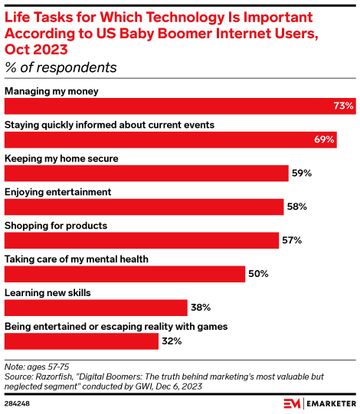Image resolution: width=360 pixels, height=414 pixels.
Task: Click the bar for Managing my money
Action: (x=180, y=106)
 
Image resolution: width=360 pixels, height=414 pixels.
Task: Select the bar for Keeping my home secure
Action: (x=146, y=173)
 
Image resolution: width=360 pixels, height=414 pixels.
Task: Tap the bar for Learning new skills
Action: (x=96, y=308)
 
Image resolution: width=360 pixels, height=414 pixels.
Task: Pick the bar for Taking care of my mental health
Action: (x=125, y=274)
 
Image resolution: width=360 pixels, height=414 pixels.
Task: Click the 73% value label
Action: (x=343, y=106)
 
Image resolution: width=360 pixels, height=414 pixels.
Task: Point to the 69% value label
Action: (x=324, y=139)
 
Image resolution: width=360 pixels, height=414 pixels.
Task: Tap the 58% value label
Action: (x=297, y=207)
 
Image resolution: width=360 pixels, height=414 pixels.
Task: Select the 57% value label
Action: (x=292, y=240)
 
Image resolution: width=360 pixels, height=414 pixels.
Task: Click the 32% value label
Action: (x=172, y=341)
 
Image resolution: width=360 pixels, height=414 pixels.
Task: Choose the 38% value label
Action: (x=201, y=308)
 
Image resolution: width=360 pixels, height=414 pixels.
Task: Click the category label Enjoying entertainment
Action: (x=58, y=192)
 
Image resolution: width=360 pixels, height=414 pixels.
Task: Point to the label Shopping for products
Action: (x=56, y=226)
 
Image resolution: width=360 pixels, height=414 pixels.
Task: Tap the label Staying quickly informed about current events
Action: (x=110, y=126)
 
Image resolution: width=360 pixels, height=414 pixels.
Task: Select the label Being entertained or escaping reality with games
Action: (x=116, y=327)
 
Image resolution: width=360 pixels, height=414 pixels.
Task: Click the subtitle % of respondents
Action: (x=61, y=67)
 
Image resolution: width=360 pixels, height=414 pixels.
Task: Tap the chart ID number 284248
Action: (x=17, y=404)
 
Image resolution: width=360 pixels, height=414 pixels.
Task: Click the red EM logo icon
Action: (x=292, y=404)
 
